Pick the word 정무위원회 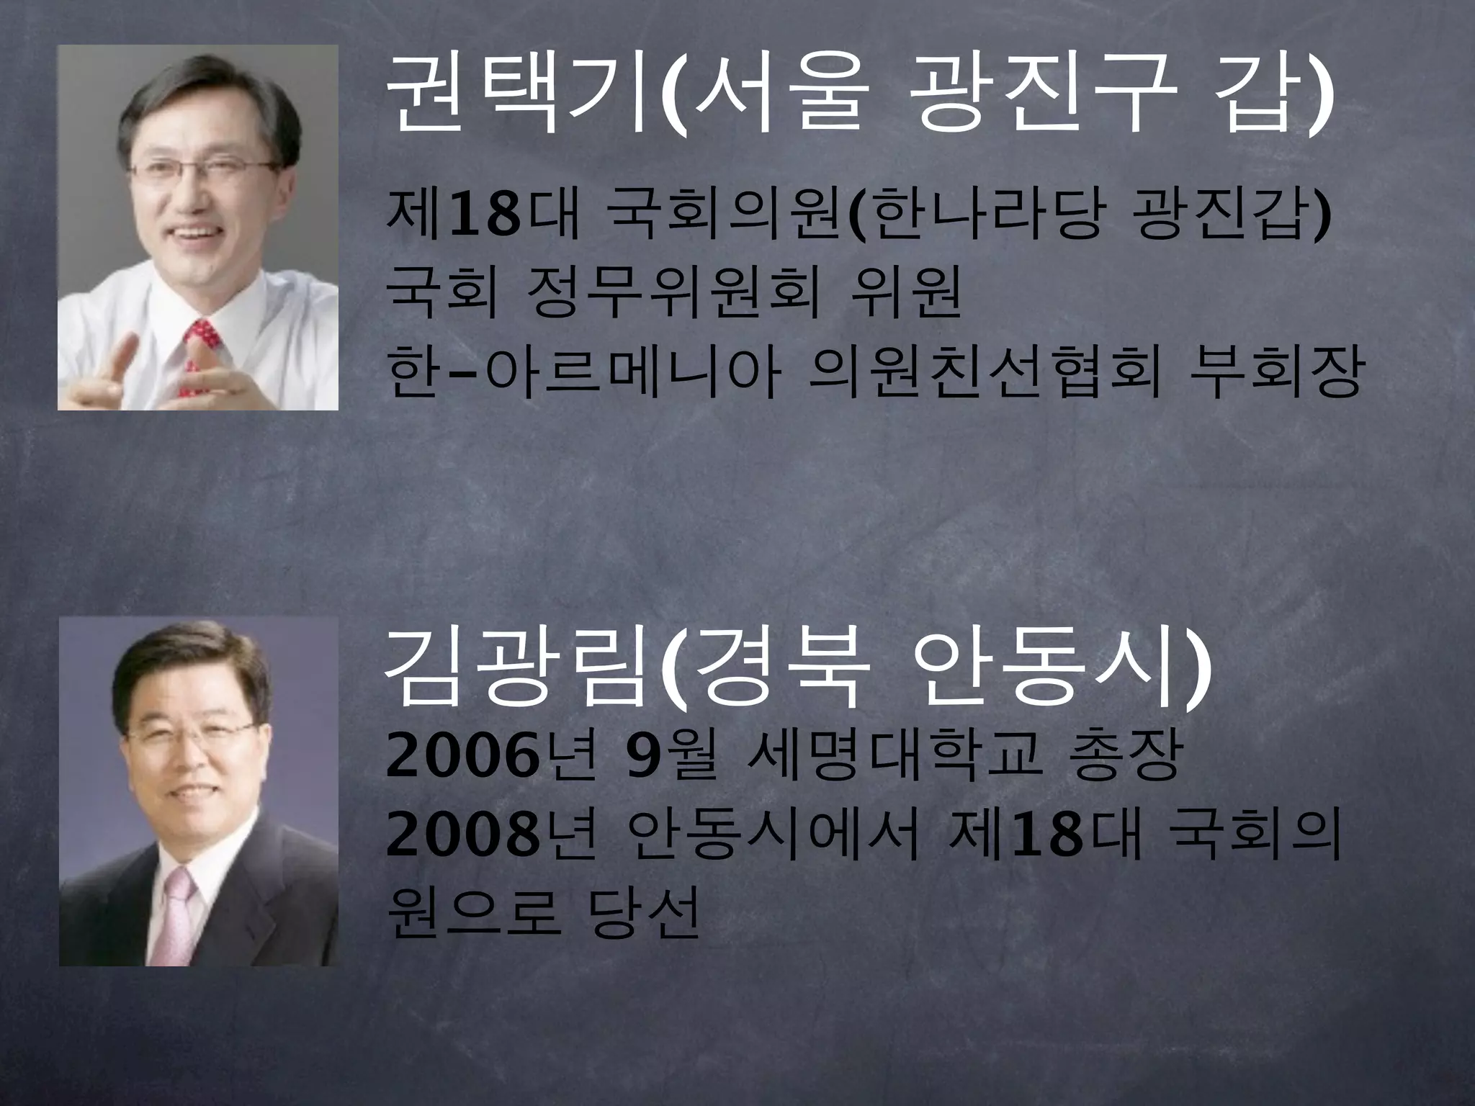(x=673, y=295)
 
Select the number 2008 (x=462, y=839)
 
